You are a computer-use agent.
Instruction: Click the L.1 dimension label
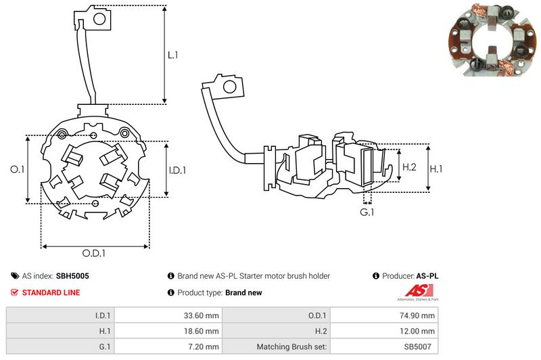click(172, 55)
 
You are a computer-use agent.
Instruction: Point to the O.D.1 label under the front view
click(95, 253)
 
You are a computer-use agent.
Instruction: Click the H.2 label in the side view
click(409, 166)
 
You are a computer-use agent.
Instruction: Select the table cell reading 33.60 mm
click(200, 315)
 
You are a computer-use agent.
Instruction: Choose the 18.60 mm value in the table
click(200, 331)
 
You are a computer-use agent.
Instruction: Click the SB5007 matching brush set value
click(419, 347)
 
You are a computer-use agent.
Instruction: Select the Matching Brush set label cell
click(292, 347)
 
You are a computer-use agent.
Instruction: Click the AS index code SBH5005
click(72, 276)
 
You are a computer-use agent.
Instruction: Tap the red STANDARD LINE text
click(51, 292)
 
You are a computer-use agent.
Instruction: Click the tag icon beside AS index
click(15, 276)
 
